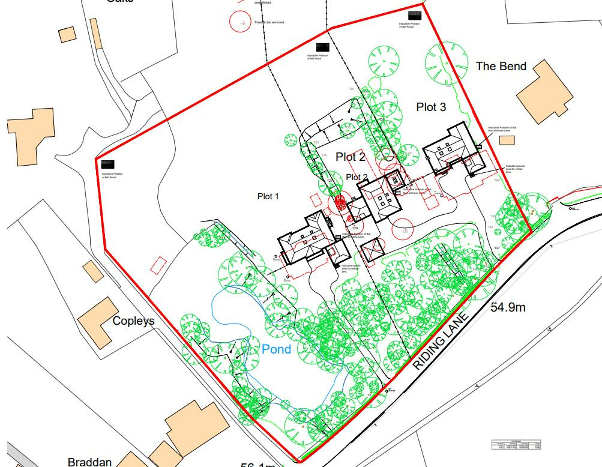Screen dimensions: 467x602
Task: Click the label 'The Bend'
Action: pyautogui.click(x=501, y=66)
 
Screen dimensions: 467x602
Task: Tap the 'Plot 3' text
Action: pyautogui.click(x=431, y=107)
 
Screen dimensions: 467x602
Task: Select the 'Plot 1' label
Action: pyautogui.click(x=268, y=196)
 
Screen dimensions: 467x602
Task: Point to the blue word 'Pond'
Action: pyautogui.click(x=276, y=349)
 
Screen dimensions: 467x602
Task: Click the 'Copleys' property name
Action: pyautogui.click(x=133, y=321)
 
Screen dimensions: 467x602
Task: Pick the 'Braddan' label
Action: pyautogui.click(x=89, y=462)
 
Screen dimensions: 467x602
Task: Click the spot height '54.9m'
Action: pyautogui.click(x=508, y=308)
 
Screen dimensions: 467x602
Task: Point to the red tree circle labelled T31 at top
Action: pyautogui.click(x=241, y=22)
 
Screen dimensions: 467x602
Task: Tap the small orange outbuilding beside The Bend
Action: pyautogui.click(x=507, y=140)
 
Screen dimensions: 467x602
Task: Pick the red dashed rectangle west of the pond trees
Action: pyautogui.click(x=158, y=265)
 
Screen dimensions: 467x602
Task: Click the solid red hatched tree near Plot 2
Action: pyautogui.click(x=339, y=202)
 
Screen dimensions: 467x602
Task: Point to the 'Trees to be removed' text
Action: pyautogui.click(x=269, y=22)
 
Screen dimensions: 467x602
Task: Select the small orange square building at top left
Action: pyautogui.click(x=67, y=34)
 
